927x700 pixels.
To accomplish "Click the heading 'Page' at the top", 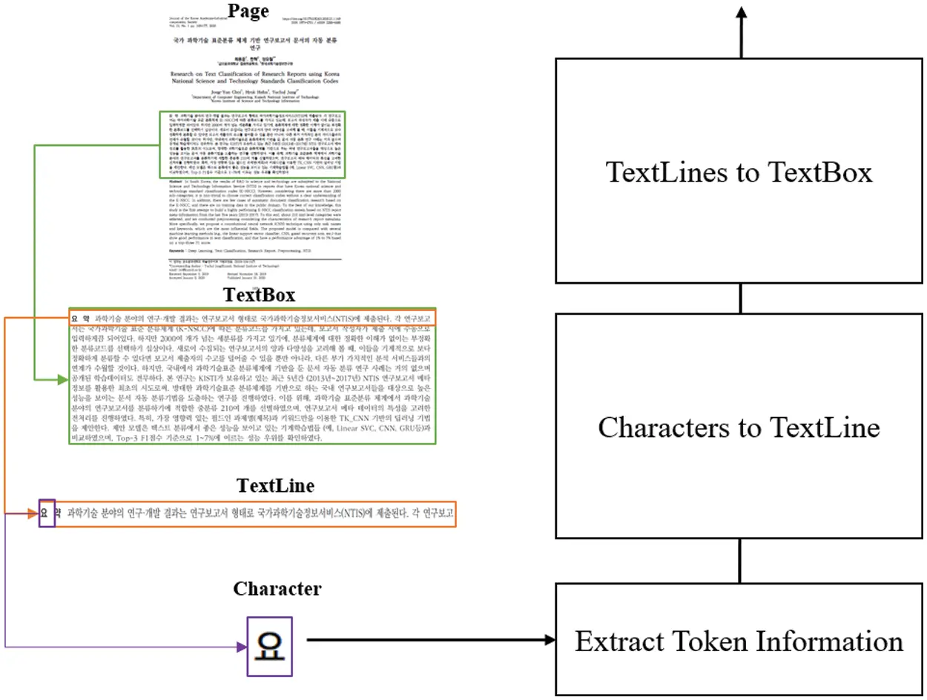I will coord(248,10).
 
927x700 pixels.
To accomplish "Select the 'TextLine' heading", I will coord(275,486).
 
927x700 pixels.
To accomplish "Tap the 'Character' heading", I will coord(277,589).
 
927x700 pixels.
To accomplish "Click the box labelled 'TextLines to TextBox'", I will coord(739,171).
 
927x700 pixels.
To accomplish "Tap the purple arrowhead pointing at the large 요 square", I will coord(240,647).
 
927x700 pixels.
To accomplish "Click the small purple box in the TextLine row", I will coord(47,513).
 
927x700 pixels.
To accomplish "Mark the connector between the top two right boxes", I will coord(740,298).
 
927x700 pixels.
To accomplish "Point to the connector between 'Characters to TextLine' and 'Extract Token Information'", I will coord(740,561).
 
